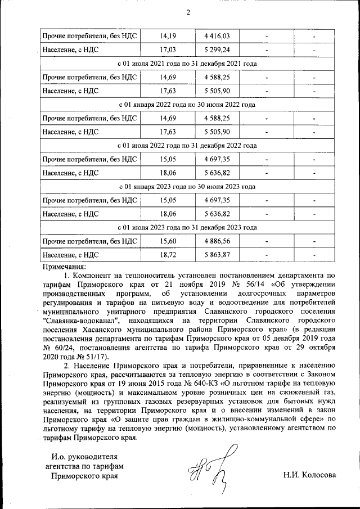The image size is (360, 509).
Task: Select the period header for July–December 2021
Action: [187, 64]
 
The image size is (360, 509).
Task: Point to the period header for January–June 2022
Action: [187, 105]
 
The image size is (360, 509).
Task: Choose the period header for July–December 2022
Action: [187, 146]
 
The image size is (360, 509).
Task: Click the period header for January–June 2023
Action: [187, 187]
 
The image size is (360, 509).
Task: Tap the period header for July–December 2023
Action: [187, 228]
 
